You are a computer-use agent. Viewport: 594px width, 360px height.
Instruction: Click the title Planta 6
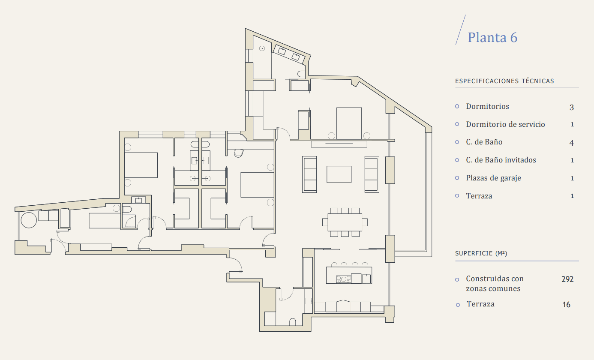492,37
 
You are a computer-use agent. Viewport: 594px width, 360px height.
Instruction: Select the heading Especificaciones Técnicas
504,81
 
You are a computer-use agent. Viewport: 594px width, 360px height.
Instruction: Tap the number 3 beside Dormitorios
572,108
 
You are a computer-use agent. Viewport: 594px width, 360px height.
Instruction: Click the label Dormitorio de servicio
505,124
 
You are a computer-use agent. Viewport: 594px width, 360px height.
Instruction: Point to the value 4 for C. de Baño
572,143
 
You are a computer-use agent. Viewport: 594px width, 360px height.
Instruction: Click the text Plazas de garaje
493,178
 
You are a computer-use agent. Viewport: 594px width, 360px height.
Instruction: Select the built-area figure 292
567,279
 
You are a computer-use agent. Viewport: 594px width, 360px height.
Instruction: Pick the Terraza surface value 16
567,305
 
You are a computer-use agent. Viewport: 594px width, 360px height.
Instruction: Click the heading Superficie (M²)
481,253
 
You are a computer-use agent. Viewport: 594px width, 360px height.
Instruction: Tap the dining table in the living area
345,222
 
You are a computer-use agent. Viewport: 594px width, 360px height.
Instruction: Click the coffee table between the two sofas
339,174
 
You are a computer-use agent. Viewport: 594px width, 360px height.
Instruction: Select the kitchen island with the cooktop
349,275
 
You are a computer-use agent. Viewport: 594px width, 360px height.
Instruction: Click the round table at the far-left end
29,220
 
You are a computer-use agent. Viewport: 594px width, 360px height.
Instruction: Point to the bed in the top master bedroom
349,123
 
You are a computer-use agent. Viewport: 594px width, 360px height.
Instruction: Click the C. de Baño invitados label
501,160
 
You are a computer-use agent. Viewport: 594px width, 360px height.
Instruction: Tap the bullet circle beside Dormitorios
457,106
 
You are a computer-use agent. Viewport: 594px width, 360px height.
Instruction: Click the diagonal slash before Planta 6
461,30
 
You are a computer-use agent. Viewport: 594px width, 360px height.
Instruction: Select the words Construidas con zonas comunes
495,283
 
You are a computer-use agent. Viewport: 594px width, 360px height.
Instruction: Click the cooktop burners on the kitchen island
343,279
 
